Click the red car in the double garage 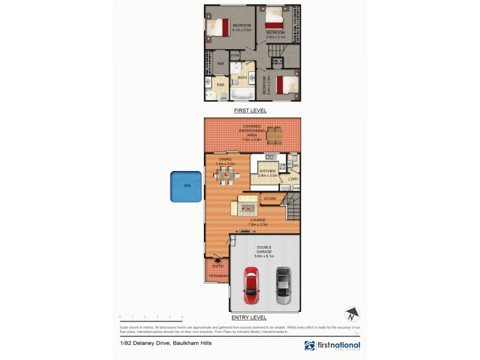click(250, 286)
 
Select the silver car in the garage click(283, 286)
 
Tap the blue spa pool click(185, 187)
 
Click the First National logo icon click(310, 346)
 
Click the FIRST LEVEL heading click(250, 111)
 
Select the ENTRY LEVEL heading click(249, 317)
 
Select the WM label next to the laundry click(296, 188)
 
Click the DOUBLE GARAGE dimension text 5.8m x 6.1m click(264, 256)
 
